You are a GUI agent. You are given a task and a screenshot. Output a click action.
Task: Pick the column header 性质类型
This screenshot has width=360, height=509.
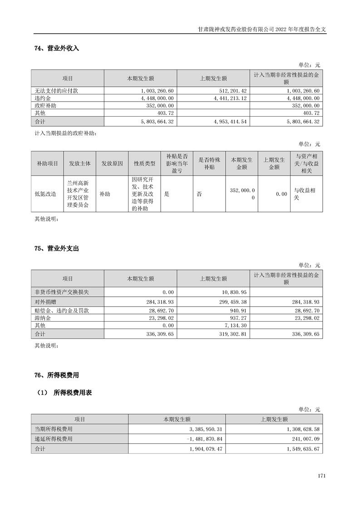pos(144,163)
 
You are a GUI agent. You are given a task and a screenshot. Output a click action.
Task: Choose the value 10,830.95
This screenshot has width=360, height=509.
pos(232,292)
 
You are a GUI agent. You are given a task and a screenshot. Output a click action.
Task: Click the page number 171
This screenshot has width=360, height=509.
pos(322,476)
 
